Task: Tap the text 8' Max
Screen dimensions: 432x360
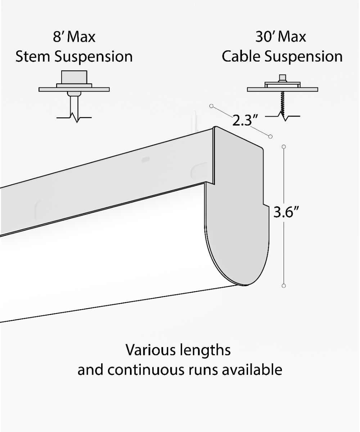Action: click(x=74, y=37)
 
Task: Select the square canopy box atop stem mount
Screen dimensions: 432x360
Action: click(x=74, y=78)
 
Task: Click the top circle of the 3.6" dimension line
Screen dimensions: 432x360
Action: click(x=284, y=147)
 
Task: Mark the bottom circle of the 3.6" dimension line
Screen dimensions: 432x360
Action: click(x=284, y=286)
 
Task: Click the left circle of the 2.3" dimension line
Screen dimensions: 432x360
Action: click(x=212, y=106)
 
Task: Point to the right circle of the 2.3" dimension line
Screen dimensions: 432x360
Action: click(x=270, y=136)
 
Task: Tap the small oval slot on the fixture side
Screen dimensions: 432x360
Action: click(x=146, y=159)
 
